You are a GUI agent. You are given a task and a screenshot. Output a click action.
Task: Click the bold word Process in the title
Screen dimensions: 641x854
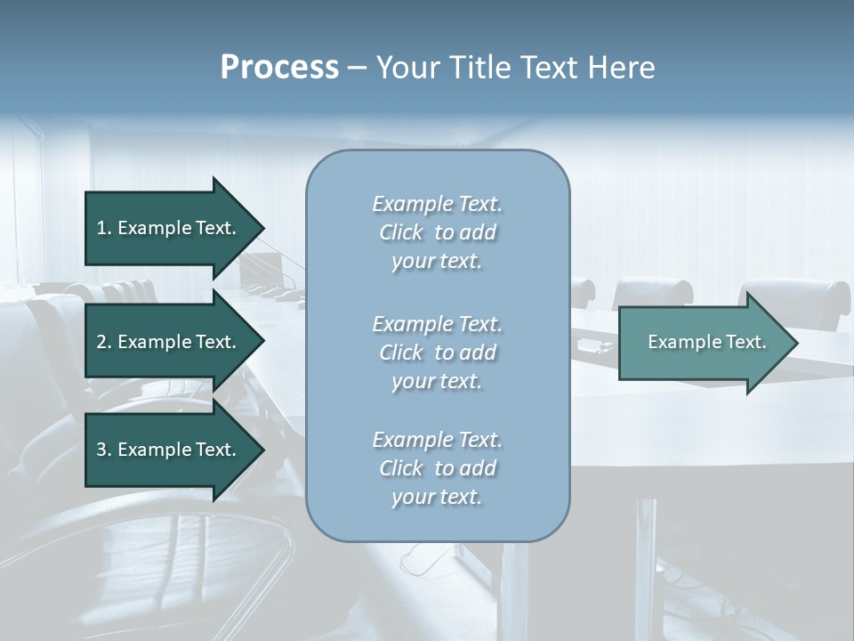[x=279, y=68]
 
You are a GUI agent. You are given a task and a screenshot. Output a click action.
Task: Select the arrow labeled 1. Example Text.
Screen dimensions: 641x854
[x=169, y=228]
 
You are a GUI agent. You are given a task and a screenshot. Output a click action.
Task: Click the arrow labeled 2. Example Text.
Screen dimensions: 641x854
[x=169, y=342]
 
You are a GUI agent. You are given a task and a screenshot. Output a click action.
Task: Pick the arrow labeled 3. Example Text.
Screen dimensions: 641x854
[x=169, y=450]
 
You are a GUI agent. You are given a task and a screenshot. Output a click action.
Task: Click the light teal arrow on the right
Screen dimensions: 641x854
[x=703, y=343]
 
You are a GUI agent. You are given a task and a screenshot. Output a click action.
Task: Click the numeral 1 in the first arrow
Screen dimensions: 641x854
[x=101, y=228]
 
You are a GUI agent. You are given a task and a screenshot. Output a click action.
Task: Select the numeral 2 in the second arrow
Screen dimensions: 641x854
[x=101, y=342]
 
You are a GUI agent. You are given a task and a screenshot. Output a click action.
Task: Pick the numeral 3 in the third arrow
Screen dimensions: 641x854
[x=101, y=450]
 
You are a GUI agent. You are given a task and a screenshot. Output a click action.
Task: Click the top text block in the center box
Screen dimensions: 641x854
[x=437, y=232]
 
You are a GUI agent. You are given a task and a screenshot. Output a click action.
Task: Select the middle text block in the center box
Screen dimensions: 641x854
[x=437, y=353]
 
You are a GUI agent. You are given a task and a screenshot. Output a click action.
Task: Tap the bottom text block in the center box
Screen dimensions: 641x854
[x=437, y=468]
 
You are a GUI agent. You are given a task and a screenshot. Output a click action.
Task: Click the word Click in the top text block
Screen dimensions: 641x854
[x=401, y=233]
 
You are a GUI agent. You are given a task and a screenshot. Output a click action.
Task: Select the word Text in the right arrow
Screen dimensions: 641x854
[x=745, y=342]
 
